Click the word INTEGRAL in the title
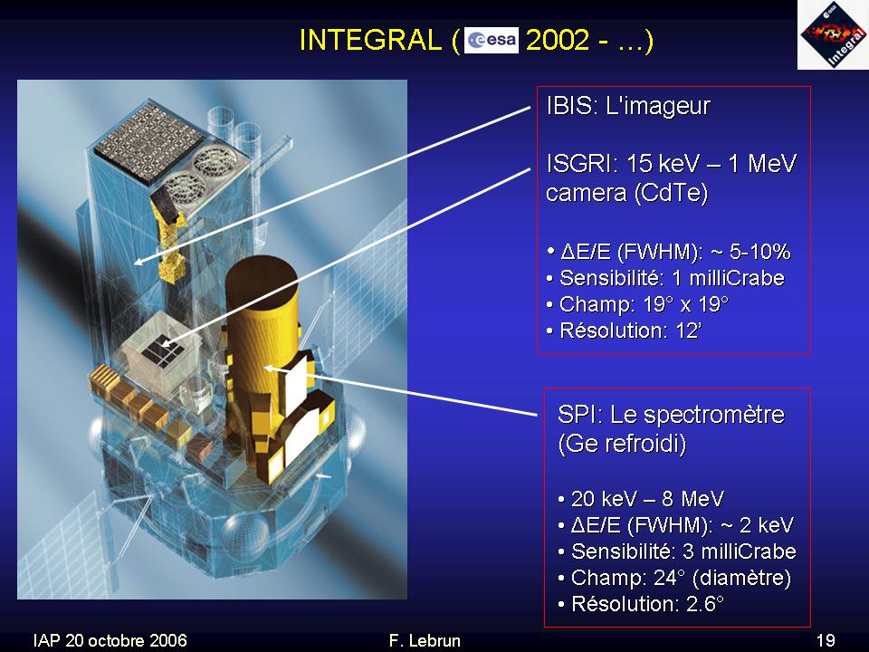point(370,41)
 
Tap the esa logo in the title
point(491,40)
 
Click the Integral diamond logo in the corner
point(833,35)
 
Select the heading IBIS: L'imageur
point(628,106)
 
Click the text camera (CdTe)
point(626,193)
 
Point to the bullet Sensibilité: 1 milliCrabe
point(665,278)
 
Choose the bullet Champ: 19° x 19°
point(636,304)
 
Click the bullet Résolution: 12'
point(624,331)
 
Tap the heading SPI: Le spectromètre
point(671,415)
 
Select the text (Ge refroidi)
point(622,444)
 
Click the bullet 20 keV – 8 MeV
point(641,499)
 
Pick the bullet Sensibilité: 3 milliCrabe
point(677,551)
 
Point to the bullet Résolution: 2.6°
point(641,603)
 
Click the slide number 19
point(826,640)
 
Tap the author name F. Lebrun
point(425,640)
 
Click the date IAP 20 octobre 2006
point(110,640)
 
